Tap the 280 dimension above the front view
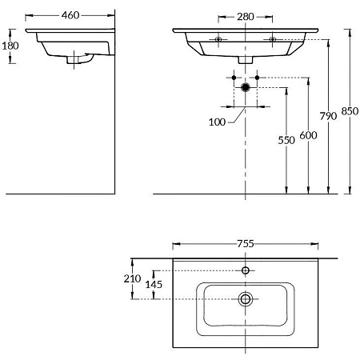tap(246, 16)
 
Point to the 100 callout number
tap(216, 122)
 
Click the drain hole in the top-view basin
tap(246, 299)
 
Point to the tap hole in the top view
tap(246, 270)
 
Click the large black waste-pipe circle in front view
tap(246, 86)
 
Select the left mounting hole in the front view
tap(218, 39)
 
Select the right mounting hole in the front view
tap(273, 39)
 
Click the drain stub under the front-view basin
tap(246, 59)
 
